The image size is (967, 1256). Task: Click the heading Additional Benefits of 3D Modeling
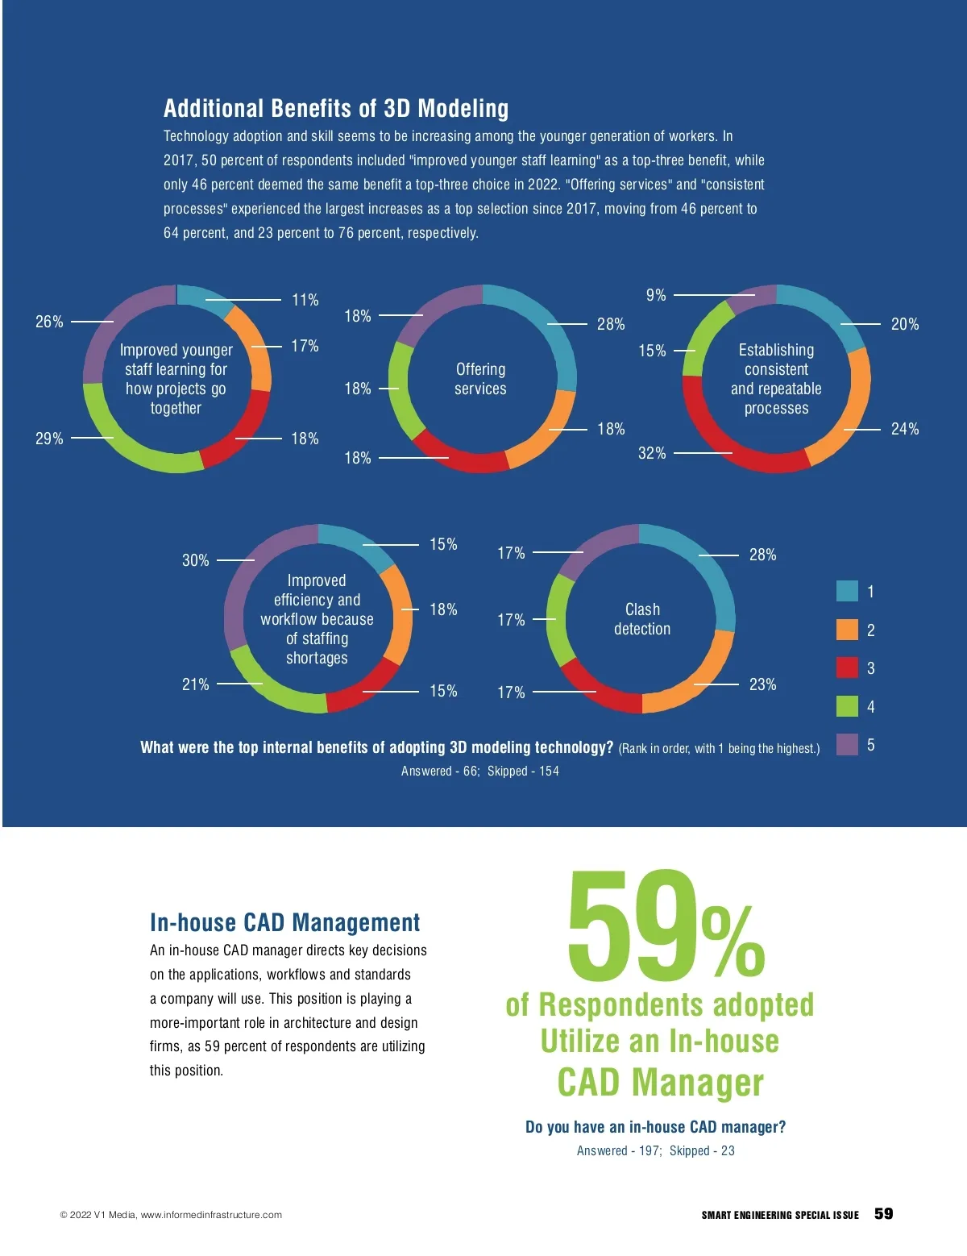[336, 109]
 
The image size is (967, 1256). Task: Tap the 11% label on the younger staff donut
[305, 300]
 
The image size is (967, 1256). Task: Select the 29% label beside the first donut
[49, 439]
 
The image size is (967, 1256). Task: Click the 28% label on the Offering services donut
[611, 324]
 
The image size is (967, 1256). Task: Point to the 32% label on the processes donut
[652, 453]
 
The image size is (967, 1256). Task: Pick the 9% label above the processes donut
[656, 295]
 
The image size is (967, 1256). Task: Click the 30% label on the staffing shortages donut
[195, 560]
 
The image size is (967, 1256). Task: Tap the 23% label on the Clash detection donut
[762, 684]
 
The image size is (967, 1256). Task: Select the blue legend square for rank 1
[847, 591]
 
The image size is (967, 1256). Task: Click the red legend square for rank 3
[847, 668]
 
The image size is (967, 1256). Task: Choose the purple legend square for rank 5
[847, 744]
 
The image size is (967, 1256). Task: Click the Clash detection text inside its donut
[642, 619]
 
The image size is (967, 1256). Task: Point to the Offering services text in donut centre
[480, 379]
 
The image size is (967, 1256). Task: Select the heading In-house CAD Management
[284, 922]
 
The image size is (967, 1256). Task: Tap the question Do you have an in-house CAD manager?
[655, 1127]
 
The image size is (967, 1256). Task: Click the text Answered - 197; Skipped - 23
[655, 1150]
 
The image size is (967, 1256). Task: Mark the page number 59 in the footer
[883, 1213]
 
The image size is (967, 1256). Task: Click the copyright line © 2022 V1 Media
[171, 1215]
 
